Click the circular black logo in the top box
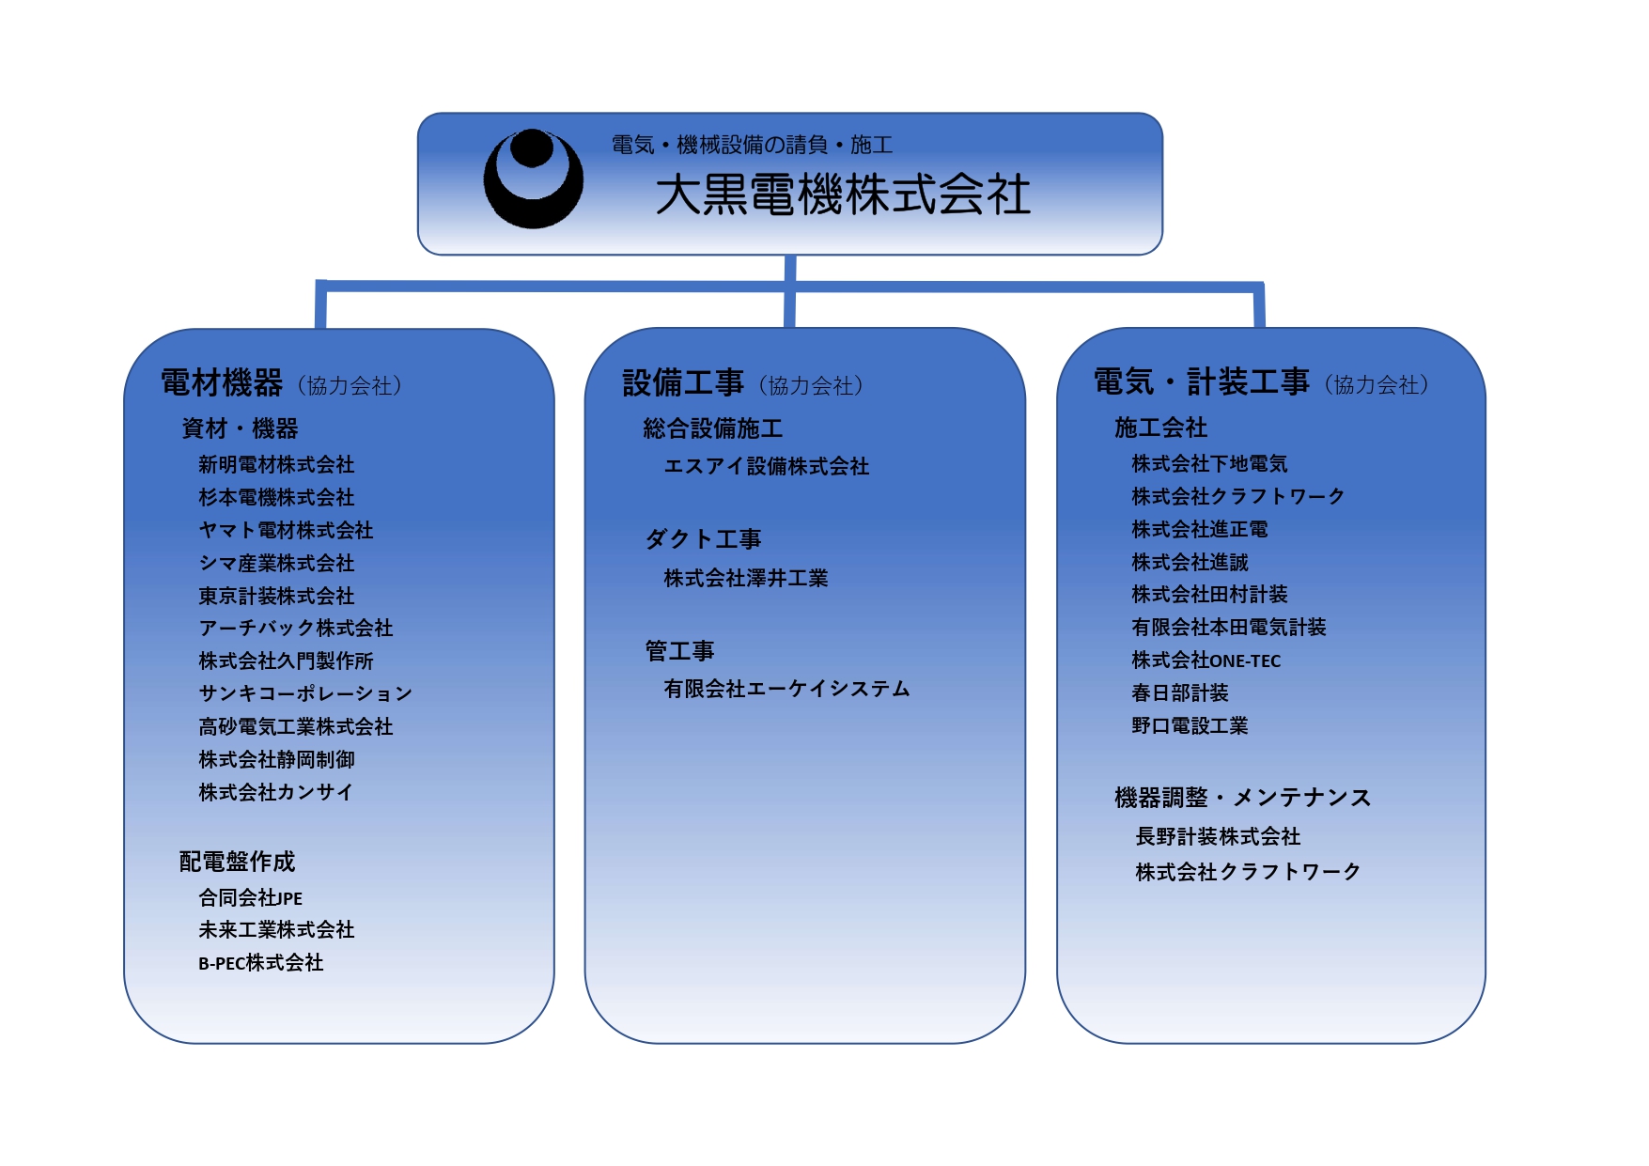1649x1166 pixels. [533, 179]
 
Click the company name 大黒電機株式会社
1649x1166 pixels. [843, 195]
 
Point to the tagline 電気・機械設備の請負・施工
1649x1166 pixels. [752, 145]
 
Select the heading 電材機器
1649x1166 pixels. [222, 383]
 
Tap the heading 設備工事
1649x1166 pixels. [683, 383]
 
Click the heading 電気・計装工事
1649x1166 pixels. [1202, 382]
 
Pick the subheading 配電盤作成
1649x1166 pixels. [237, 862]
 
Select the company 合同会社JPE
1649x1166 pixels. [251, 898]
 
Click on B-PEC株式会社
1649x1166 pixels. [261, 963]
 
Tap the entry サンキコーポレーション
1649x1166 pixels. [305, 693]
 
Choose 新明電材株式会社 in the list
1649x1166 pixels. [276, 465]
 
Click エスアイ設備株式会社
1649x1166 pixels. [767, 467]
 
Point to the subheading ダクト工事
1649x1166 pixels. [703, 539]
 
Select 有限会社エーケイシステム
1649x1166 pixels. [786, 690]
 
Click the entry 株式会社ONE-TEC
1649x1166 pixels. [1206, 661]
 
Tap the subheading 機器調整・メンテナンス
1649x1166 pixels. [1243, 798]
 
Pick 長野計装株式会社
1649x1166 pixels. [1218, 836]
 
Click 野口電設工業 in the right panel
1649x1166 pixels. [1190, 726]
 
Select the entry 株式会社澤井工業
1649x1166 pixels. [746, 579]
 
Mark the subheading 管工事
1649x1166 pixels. [679, 651]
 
